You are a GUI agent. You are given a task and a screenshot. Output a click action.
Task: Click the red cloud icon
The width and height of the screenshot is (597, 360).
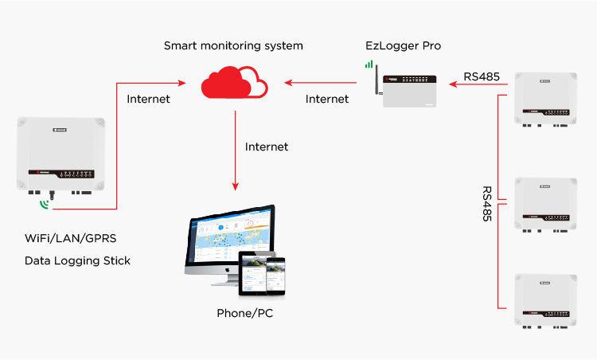[234, 83]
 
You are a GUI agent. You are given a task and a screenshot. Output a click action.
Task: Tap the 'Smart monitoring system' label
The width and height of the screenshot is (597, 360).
[233, 45]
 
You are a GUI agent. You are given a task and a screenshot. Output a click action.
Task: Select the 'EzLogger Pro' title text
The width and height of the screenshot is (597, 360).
[404, 45]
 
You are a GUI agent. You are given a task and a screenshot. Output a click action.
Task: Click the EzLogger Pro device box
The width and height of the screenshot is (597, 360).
[409, 91]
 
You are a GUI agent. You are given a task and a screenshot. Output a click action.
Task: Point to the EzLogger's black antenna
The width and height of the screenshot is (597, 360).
[377, 80]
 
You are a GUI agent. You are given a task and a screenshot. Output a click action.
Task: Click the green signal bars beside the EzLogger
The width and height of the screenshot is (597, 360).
[369, 64]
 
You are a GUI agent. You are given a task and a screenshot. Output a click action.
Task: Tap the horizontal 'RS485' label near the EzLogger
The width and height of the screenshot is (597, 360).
[482, 76]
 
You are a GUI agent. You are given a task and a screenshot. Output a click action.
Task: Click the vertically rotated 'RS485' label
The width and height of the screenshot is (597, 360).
[487, 203]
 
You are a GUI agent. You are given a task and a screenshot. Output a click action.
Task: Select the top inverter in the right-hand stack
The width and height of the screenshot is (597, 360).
[545, 99]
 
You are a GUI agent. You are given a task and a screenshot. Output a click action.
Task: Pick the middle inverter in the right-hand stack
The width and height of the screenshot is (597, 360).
[545, 205]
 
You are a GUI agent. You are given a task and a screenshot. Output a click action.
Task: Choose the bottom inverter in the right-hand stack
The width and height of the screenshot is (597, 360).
[545, 301]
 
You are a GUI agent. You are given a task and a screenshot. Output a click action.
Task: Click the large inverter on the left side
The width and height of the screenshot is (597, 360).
[61, 155]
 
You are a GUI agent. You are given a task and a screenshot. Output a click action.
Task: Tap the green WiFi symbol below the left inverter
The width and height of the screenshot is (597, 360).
[45, 205]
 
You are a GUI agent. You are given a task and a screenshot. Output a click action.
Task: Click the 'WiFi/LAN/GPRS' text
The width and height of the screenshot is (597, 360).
[70, 238]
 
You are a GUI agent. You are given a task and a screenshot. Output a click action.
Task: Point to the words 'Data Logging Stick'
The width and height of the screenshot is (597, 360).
[77, 261]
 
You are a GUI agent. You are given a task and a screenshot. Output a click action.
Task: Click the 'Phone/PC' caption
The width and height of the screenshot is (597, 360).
[245, 313]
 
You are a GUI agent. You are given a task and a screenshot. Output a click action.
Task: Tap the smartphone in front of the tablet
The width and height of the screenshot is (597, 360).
[275, 276]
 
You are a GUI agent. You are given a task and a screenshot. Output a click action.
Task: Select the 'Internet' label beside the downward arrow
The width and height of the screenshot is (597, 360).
[267, 147]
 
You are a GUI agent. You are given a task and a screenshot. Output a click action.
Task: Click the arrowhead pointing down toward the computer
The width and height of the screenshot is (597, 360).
[236, 186]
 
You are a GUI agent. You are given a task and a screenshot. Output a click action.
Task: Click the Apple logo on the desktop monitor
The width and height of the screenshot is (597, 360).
[228, 270]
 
